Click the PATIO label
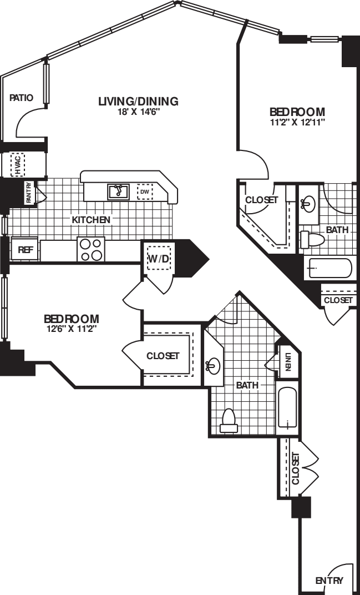point(22,98)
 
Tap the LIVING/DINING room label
point(138,101)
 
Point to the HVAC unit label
point(18,165)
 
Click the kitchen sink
point(118,191)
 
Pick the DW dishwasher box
point(145,192)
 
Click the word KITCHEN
point(91,220)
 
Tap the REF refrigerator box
point(25,250)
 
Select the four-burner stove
point(91,249)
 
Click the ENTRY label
point(329,581)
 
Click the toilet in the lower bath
point(229,420)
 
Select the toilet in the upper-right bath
point(311,240)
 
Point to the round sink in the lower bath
point(213,366)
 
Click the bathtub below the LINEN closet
point(287,409)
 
